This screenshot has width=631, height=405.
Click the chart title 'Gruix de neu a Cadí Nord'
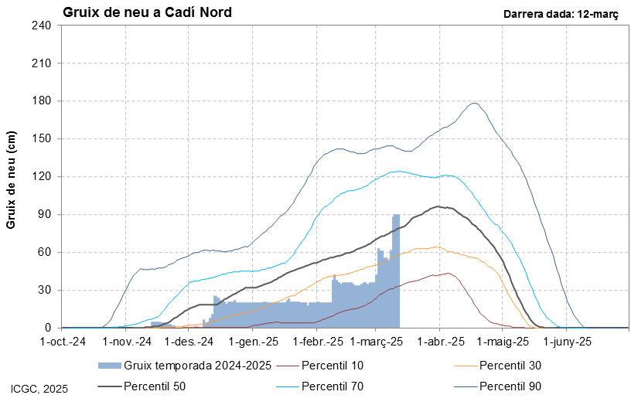tap(146, 12)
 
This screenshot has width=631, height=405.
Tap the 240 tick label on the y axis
tap(41, 26)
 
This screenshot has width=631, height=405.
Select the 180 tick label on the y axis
tap(41, 101)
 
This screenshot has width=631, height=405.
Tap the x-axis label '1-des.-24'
tap(193, 341)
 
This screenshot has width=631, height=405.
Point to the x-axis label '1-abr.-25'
tap(442, 341)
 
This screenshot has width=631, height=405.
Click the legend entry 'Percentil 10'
tap(333, 365)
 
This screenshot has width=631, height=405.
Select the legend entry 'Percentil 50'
tap(155, 385)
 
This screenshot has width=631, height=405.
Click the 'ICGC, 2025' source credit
tap(39, 389)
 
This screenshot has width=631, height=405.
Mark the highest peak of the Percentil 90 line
tap(474, 103)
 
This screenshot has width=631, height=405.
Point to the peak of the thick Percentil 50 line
tap(438, 206)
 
